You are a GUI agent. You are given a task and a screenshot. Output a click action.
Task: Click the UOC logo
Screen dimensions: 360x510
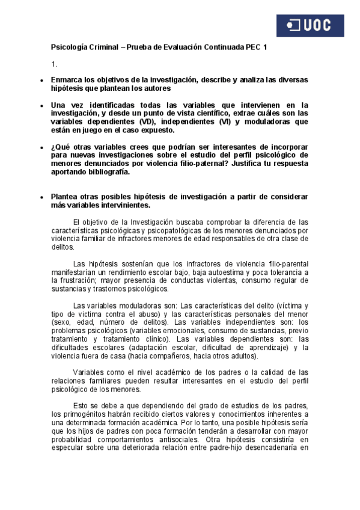tap(310, 25)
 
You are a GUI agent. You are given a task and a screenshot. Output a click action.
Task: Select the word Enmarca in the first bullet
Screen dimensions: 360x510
tap(67, 79)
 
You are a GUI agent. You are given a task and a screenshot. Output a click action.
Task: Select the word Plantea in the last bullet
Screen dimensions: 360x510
tap(66, 197)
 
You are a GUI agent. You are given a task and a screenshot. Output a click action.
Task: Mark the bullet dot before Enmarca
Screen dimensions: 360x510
tap(40, 80)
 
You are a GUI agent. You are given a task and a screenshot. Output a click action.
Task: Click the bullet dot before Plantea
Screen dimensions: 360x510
tap(40, 197)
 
